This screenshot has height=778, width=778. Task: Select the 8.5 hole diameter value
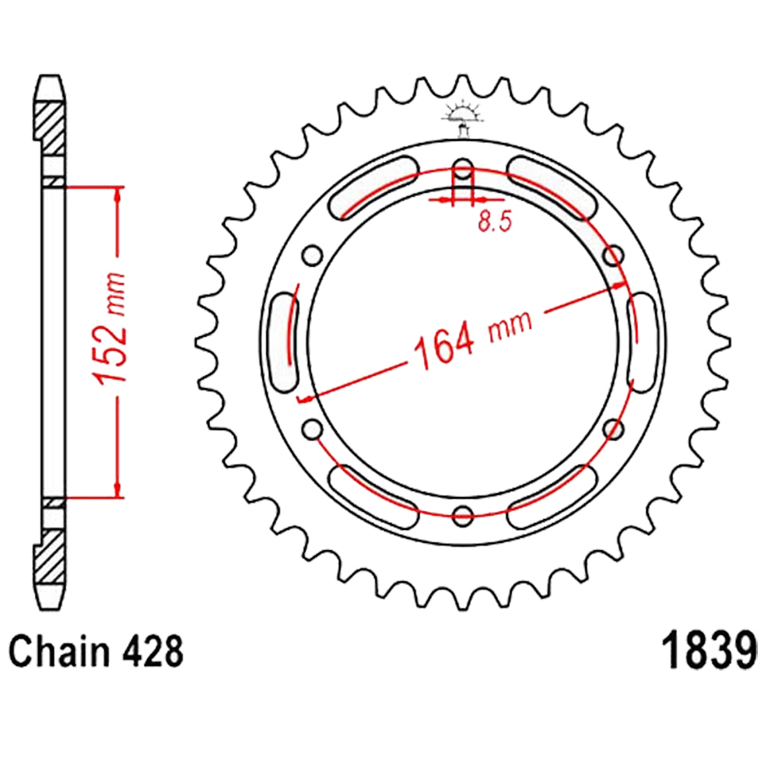tap(495, 221)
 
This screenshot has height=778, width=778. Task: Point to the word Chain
tap(59, 651)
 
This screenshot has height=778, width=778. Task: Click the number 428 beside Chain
tap(152, 651)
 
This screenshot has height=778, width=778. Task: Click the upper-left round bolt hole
tap(313, 256)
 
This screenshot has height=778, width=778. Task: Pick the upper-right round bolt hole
tap(614, 256)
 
